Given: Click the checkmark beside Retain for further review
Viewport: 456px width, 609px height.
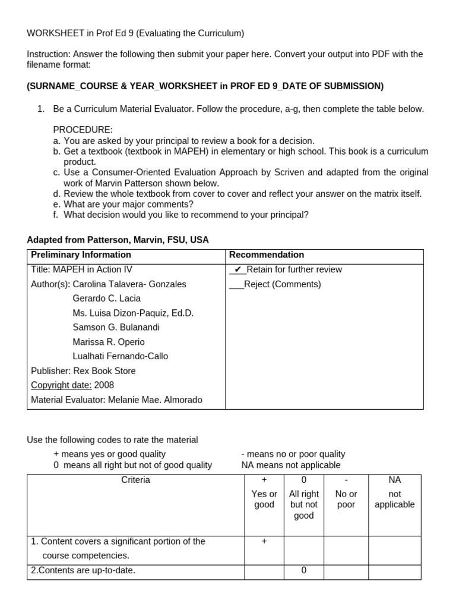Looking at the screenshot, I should [237, 269].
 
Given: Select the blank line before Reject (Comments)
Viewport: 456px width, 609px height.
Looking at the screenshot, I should [236, 284].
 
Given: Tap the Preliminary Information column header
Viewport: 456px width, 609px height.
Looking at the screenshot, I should [81, 255].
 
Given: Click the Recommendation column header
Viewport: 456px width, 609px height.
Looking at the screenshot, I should [267, 255].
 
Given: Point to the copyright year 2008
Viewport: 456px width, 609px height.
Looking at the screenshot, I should [104, 385].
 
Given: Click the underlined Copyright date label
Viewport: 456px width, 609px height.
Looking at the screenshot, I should [61, 385].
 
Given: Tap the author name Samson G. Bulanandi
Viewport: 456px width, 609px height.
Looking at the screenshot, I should [116, 327].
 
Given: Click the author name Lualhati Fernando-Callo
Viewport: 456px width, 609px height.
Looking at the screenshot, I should [120, 356].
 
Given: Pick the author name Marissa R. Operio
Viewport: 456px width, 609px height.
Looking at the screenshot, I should [109, 342].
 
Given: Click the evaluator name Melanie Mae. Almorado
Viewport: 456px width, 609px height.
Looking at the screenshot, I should [155, 400].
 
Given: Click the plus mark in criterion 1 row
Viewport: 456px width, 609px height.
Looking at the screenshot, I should [264, 541].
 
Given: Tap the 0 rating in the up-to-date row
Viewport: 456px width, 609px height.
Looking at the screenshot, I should [304, 570].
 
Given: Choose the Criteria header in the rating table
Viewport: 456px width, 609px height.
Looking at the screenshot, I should [135, 479].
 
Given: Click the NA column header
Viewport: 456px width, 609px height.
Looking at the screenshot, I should [394, 479].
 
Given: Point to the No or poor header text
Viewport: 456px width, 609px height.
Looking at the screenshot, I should [346, 499].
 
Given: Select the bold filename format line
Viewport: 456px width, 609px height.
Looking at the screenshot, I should [205, 86].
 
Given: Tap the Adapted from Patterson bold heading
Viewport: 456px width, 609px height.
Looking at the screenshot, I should [118, 240].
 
